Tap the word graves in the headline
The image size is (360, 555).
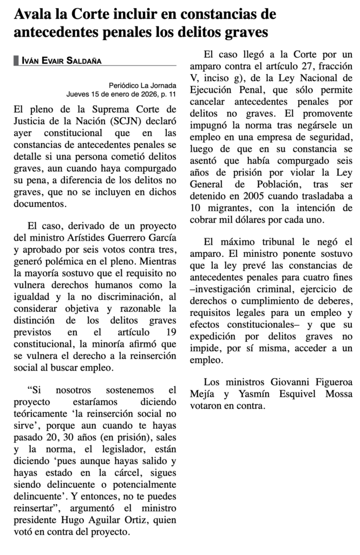(246, 32)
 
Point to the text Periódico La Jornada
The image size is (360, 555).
(142, 85)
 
